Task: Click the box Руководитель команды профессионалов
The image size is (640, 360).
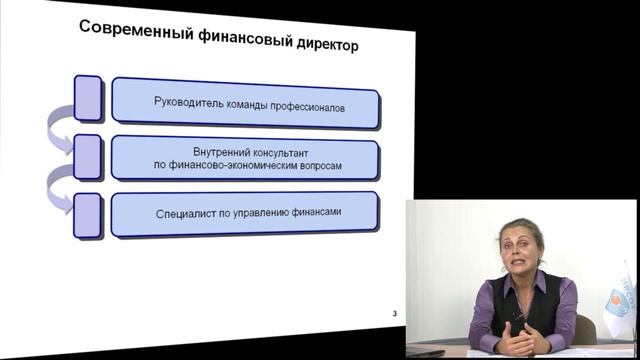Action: coord(245,102)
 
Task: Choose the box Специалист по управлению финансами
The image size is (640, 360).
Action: coord(245,213)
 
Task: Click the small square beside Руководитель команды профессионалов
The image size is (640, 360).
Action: coord(88,96)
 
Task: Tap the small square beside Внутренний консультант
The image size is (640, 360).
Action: coord(88,155)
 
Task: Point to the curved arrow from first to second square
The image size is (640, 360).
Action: coord(57,129)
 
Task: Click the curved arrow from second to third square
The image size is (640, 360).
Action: coord(57,188)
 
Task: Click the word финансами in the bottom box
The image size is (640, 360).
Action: coord(340,213)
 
